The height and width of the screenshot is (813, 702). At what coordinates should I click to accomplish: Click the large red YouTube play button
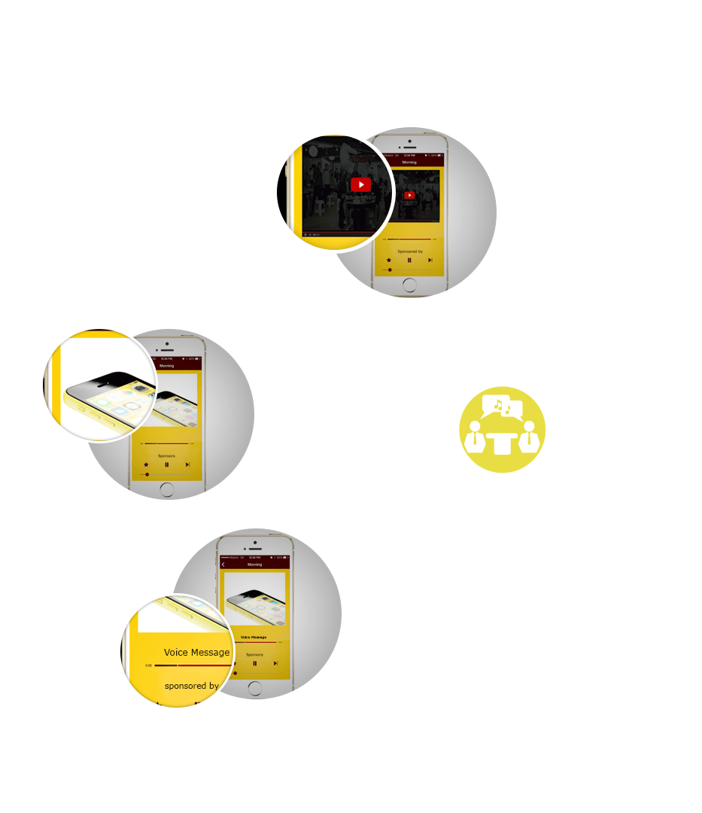[x=360, y=184]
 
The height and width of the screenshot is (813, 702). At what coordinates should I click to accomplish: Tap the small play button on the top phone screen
[x=409, y=196]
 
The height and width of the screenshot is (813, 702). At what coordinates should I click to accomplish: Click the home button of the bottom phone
[x=255, y=687]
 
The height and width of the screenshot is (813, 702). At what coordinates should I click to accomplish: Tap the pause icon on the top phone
[x=409, y=260]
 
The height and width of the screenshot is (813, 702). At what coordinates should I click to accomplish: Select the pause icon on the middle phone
[x=166, y=465]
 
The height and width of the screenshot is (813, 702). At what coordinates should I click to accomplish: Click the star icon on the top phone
[x=389, y=260]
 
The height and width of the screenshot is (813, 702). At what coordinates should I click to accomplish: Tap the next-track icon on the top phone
[x=430, y=260]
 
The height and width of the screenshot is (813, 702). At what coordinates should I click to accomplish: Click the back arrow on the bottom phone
[x=223, y=565]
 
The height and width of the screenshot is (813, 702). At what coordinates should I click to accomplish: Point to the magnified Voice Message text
[x=196, y=653]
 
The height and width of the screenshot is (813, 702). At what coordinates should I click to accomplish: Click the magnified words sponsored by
[x=192, y=686]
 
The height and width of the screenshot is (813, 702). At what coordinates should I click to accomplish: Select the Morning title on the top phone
[x=409, y=162]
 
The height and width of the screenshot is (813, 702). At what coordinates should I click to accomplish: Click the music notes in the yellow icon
[x=502, y=407]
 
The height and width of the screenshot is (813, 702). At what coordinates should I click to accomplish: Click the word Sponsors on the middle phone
[x=166, y=455]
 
